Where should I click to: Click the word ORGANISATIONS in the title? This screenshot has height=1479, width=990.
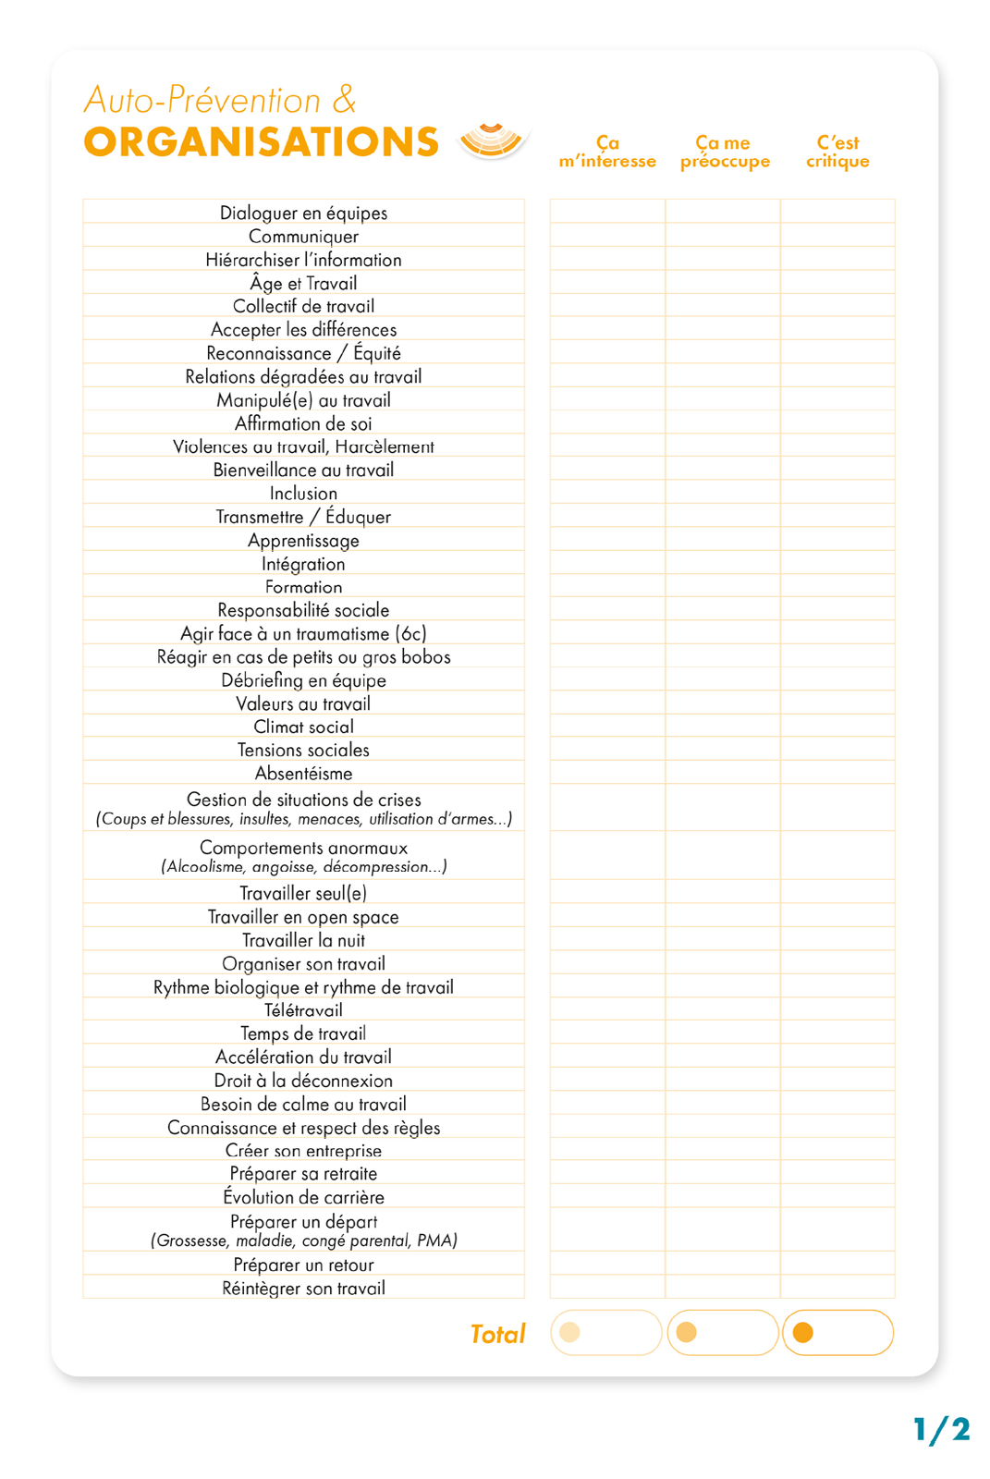[x=261, y=142]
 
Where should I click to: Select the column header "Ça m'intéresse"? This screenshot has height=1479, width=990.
[x=607, y=153]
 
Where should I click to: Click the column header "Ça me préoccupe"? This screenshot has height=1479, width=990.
[x=724, y=153]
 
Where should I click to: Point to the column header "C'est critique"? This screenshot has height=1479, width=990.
[x=837, y=153]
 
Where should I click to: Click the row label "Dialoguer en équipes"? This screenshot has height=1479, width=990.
[x=303, y=213]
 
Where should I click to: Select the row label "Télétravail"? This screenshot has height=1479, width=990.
[x=303, y=1010]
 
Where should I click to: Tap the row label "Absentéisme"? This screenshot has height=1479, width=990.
[x=303, y=774]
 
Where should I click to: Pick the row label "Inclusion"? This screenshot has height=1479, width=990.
[x=303, y=494]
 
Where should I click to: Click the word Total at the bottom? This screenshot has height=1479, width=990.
[x=497, y=1334]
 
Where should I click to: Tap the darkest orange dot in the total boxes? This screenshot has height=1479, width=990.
[x=803, y=1333]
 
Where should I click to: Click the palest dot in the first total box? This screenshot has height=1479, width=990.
[x=570, y=1332]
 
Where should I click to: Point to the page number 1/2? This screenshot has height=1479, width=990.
[x=941, y=1430]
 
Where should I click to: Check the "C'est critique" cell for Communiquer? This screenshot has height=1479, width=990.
[x=837, y=236]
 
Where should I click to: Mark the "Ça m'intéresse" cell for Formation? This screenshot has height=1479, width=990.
[x=607, y=586]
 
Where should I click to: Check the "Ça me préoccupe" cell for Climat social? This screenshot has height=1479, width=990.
[x=723, y=727]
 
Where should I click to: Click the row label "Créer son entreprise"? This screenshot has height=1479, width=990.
[x=303, y=1151]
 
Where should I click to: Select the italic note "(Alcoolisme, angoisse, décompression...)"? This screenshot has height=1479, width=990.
[x=303, y=867]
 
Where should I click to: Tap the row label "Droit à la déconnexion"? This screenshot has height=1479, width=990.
[x=303, y=1081]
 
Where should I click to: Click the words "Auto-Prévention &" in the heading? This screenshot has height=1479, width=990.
[x=220, y=100]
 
